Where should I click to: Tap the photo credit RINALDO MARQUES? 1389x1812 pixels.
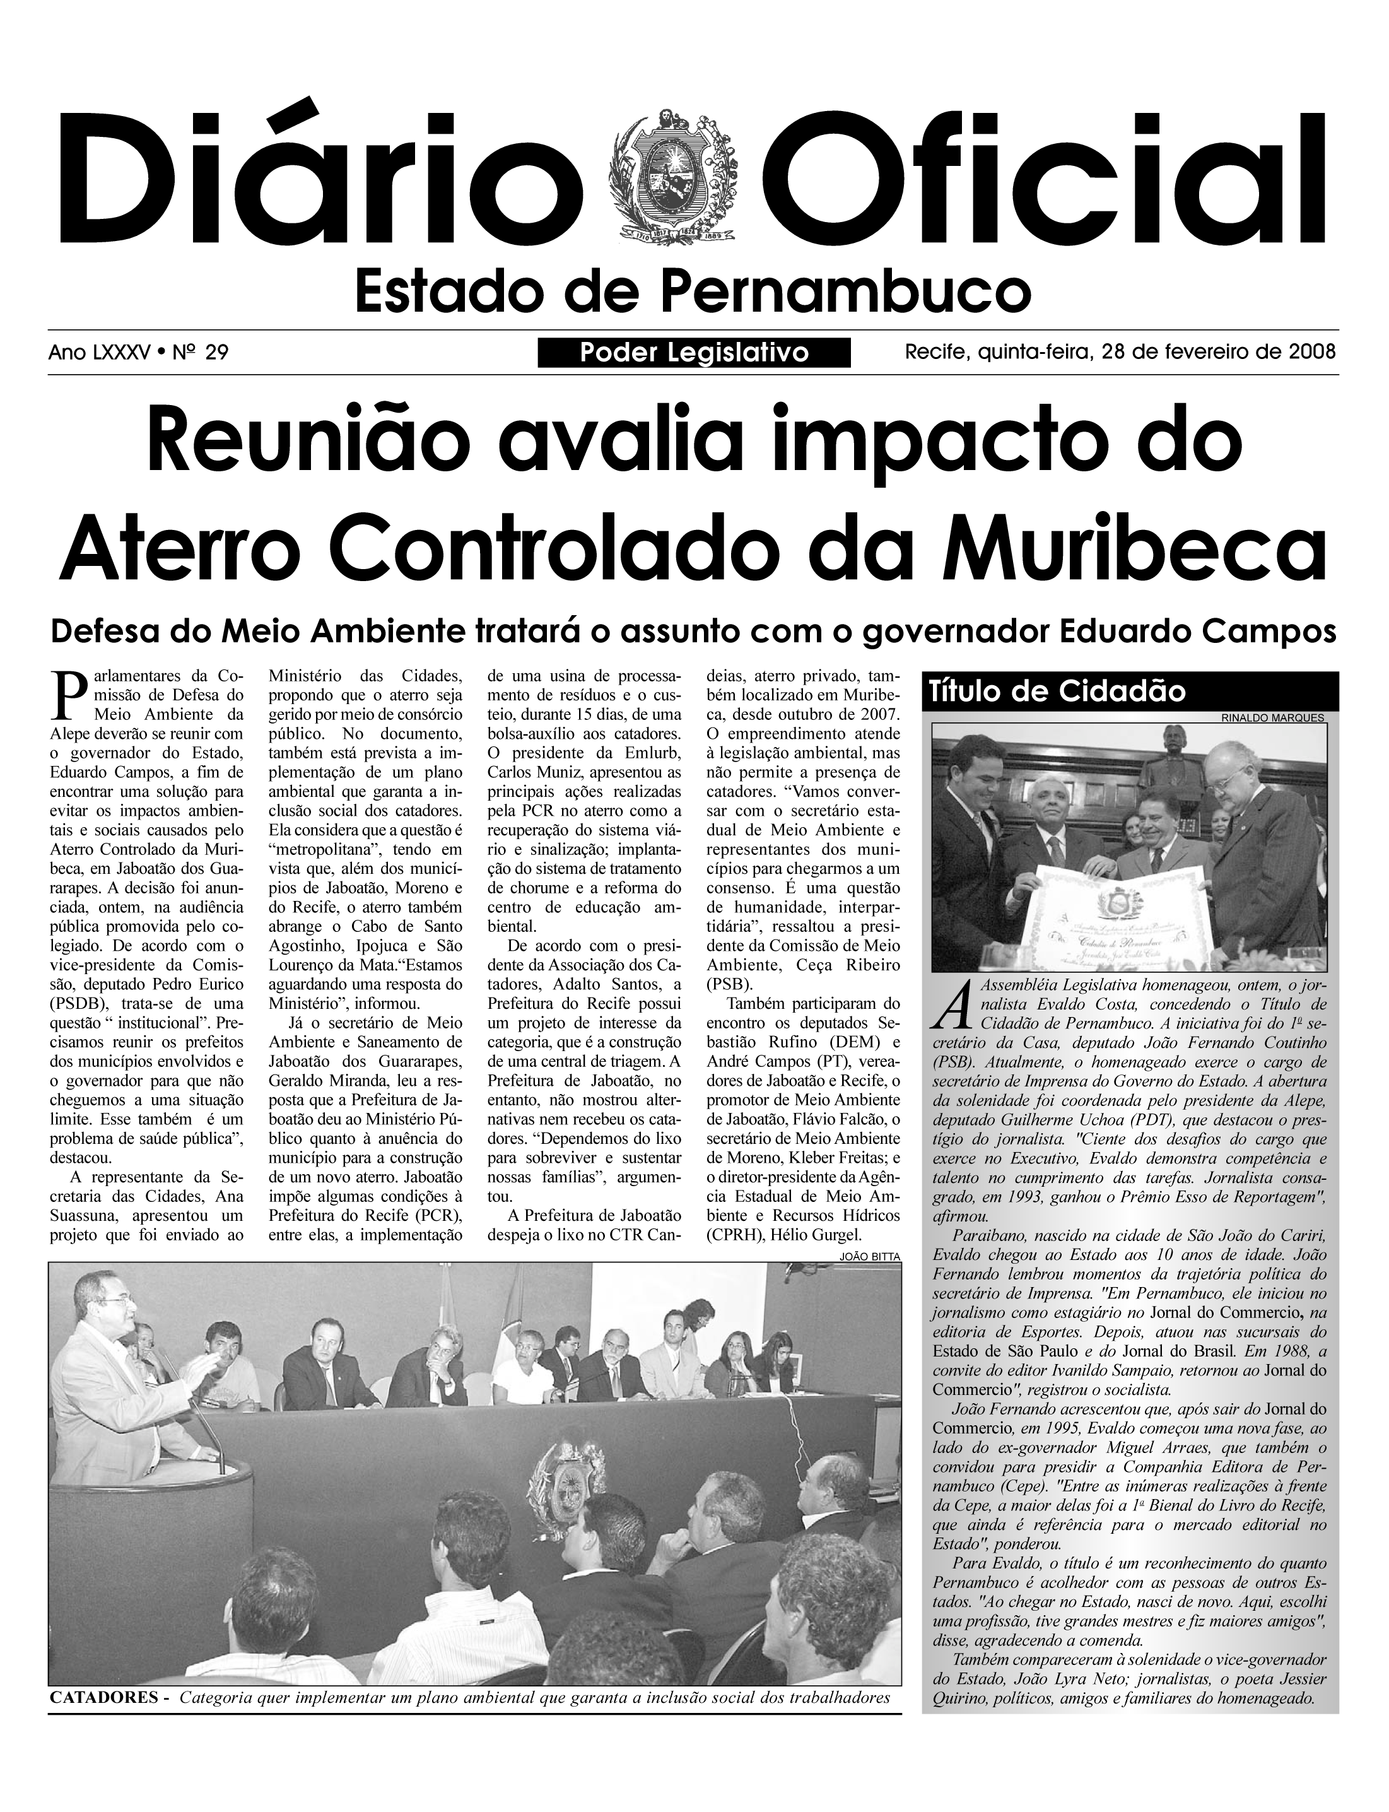point(1273,718)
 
